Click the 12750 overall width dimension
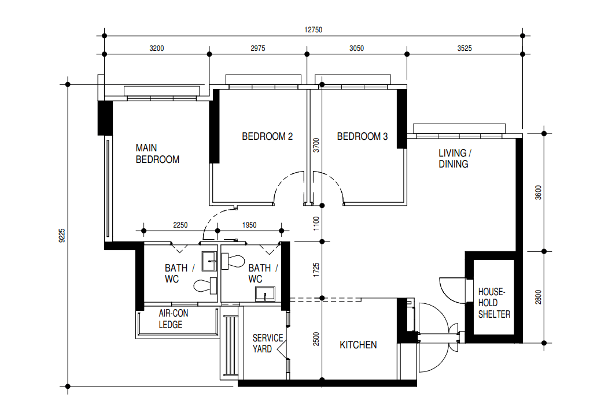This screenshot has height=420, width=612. tap(313, 29)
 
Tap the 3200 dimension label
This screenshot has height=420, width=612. tap(157, 49)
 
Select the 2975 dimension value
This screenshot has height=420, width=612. tap(257, 49)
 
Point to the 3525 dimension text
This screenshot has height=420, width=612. tap(464, 49)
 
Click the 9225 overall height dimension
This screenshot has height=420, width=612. tap(62, 236)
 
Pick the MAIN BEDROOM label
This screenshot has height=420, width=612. tap(157, 154)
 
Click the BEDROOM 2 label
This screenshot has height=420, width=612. tap(267, 136)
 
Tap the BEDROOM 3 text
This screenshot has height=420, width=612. tap(362, 136)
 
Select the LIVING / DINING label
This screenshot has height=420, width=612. tap(455, 158)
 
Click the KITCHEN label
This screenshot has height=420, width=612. tap(358, 345)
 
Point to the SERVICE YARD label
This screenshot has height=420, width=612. tap(268, 344)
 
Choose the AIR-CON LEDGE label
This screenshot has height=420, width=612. tap(174, 319)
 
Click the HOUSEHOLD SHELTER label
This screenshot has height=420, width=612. tap(494, 303)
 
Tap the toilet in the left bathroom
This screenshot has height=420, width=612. tap(205, 286)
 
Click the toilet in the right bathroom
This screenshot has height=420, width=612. tap(233, 261)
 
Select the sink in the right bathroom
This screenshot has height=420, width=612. tap(265, 294)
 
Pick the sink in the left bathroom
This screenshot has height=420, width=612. tap(209, 261)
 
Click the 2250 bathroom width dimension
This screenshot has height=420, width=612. tap(180, 225)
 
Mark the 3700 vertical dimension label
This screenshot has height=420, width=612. tap(316, 145)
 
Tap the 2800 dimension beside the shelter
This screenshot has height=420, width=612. tap(539, 297)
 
